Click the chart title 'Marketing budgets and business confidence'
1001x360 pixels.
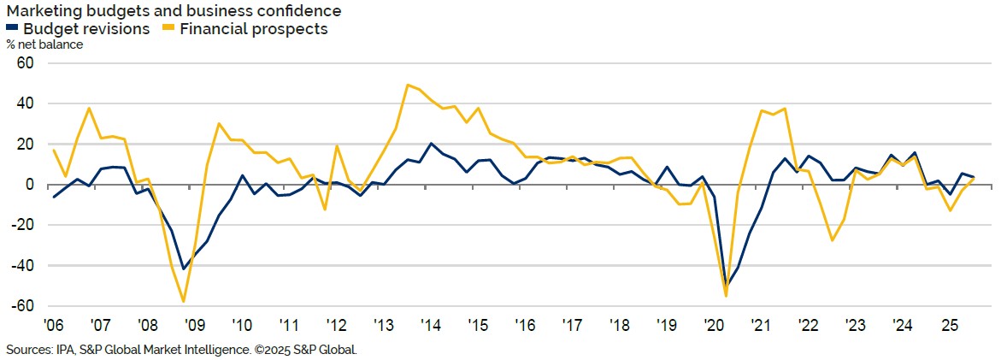[174, 11]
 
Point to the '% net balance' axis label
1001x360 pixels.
[44, 44]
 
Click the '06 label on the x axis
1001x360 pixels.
[54, 326]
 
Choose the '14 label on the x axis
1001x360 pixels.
[431, 326]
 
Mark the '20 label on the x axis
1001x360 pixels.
[713, 326]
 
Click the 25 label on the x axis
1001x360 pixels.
[948, 326]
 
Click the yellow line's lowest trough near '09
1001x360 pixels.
[183, 301]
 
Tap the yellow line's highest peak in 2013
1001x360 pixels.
[408, 85]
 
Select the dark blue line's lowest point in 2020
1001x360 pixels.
[726, 286]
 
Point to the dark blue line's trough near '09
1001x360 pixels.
[183, 269]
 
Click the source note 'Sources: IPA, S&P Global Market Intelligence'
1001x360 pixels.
[180, 350]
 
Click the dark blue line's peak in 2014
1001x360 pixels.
[431, 144]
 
